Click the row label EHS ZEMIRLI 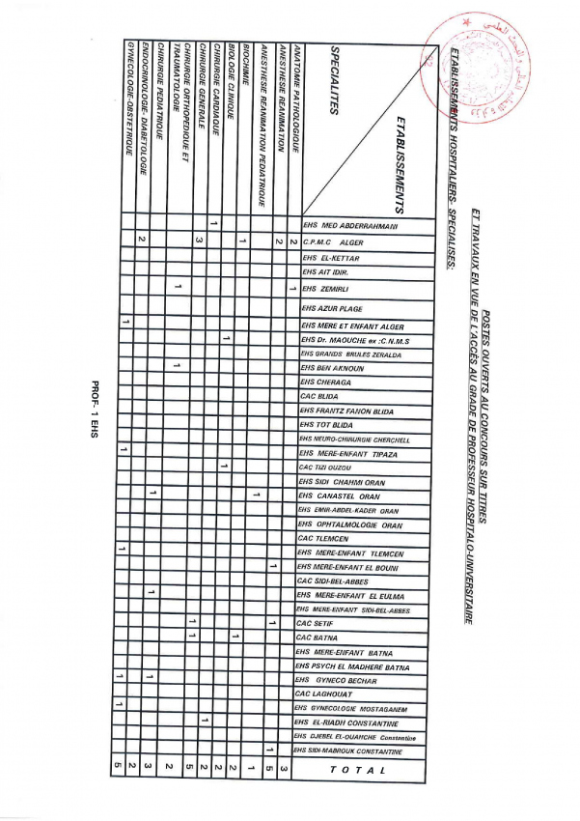(x=329, y=289)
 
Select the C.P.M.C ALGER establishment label (x=333, y=241)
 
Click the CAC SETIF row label (x=319, y=624)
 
